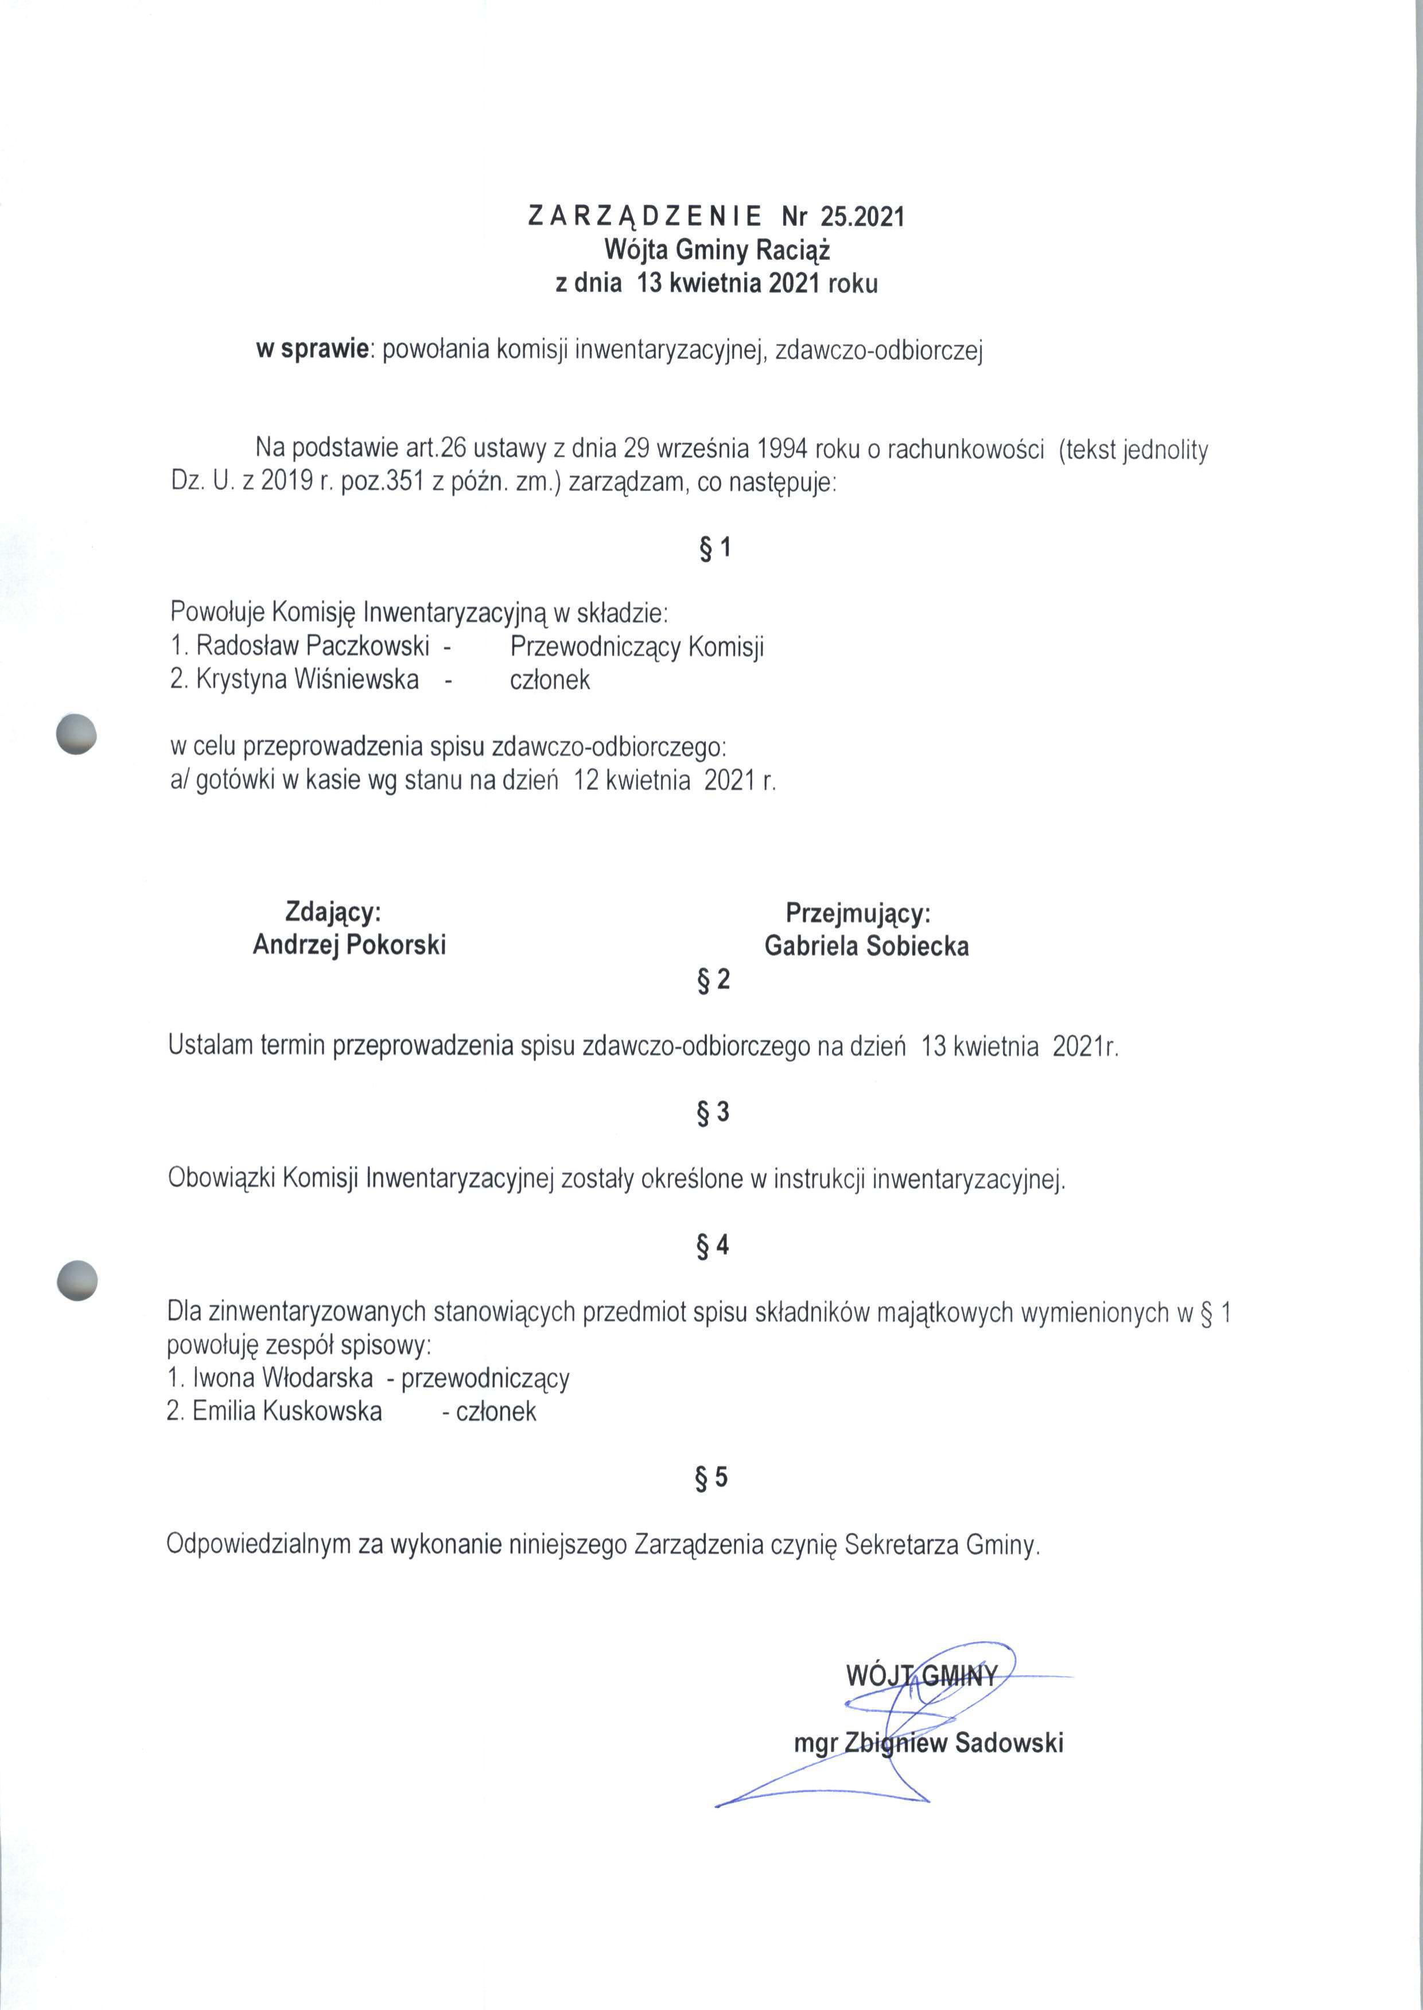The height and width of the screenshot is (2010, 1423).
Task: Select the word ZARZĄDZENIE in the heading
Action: (x=645, y=216)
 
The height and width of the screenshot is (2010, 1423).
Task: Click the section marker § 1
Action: (x=715, y=548)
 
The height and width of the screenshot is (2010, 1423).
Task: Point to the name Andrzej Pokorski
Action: (x=349, y=945)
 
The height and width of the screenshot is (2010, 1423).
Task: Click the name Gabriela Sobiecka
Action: (x=866, y=946)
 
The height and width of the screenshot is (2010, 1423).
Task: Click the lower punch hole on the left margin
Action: (x=76, y=1280)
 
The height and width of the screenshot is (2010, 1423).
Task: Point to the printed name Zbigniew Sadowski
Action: (x=952, y=1742)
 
